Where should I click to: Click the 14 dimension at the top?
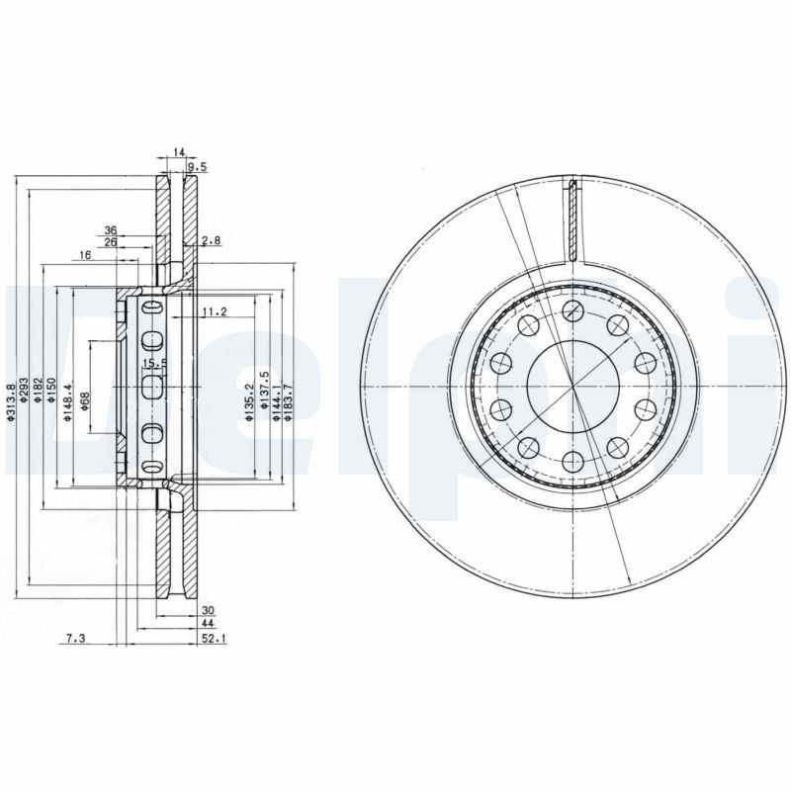[x=179, y=151]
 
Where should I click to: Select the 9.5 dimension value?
[x=197, y=166]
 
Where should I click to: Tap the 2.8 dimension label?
[x=210, y=241]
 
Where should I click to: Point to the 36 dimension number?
[x=111, y=230]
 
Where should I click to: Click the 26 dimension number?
[x=111, y=242]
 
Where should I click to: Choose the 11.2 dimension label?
[x=215, y=312]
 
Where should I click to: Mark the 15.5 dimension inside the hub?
[x=151, y=364]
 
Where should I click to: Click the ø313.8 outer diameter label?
[x=11, y=402]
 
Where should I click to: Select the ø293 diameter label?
[x=23, y=402]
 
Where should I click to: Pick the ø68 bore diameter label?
[x=85, y=402]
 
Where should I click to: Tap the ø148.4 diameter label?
[x=68, y=402]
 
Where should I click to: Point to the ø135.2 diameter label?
[x=249, y=402]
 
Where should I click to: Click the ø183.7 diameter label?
[x=289, y=402]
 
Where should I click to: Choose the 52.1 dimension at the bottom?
[x=214, y=639]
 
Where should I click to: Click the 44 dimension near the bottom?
[x=208, y=625]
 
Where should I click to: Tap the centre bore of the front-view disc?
[x=572, y=386]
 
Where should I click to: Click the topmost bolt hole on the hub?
[x=572, y=312]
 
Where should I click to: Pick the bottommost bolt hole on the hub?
[x=572, y=459]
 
